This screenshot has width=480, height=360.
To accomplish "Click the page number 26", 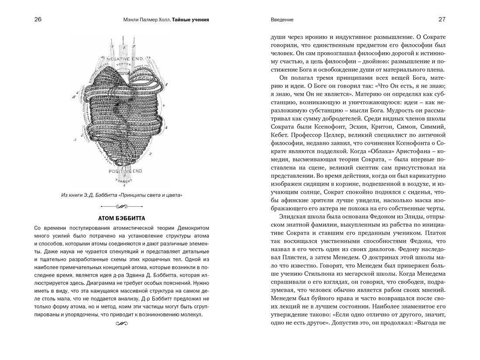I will pos(38,20).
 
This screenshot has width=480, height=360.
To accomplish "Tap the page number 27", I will pos(442,20).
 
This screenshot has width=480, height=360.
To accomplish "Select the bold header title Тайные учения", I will pos(190,20).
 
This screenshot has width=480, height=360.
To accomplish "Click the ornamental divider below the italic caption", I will pos(122,206).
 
